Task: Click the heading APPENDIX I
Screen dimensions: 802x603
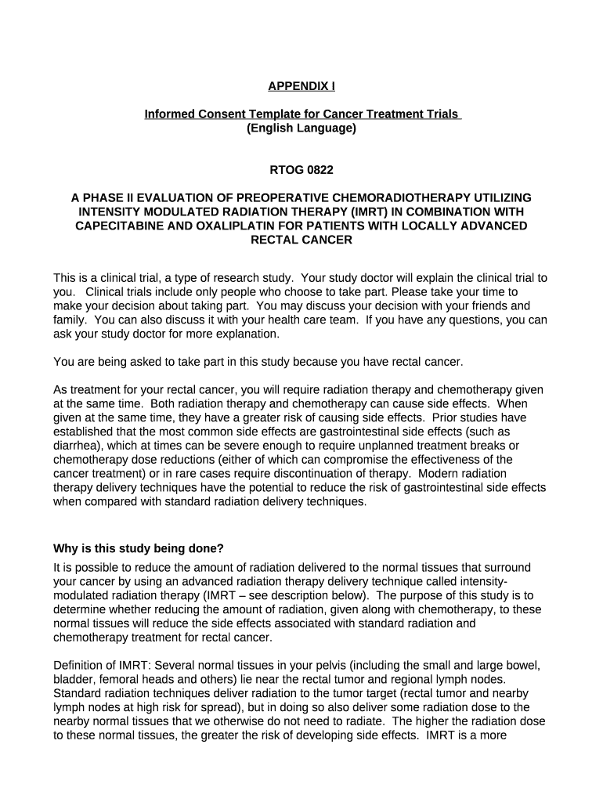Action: pyautogui.click(x=301, y=86)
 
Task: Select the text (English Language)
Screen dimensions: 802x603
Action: pyautogui.click(x=301, y=128)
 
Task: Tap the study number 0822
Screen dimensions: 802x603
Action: pyautogui.click(x=318, y=169)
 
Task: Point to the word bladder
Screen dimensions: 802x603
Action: pyautogui.click(x=72, y=679)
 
